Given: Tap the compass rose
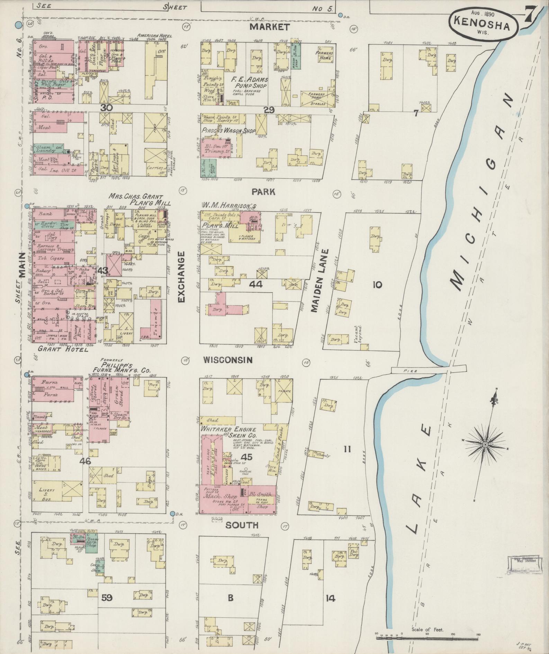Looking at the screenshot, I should pyautogui.click(x=485, y=444).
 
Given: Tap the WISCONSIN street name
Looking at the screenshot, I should pyautogui.click(x=228, y=360).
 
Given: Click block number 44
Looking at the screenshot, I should pyautogui.click(x=255, y=284).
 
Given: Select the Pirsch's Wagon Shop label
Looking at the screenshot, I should pyautogui.click(x=228, y=131).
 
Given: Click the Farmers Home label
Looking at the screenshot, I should pyautogui.click(x=324, y=56).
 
